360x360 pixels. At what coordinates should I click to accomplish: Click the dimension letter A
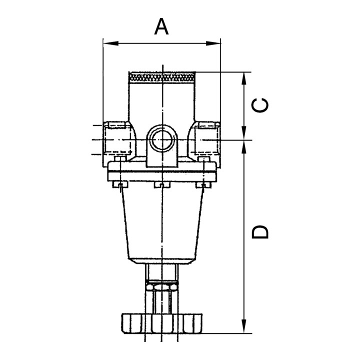161,26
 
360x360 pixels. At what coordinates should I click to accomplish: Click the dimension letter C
260,105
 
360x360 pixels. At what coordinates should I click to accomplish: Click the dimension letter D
260,232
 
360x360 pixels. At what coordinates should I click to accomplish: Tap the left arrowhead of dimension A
111,43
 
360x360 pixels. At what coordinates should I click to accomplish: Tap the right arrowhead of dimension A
213,43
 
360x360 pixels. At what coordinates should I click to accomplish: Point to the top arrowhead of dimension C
244,79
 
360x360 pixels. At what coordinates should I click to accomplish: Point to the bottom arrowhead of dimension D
244,326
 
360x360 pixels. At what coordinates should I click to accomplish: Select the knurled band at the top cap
162,77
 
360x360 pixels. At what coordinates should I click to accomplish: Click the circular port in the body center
162,139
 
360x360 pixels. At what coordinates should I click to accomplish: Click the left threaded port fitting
117,139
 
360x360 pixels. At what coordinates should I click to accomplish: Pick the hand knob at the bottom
162,323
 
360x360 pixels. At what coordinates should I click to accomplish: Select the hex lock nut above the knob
162,286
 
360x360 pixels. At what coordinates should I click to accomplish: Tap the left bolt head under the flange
120,184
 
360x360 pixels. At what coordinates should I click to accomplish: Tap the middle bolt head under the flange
162,184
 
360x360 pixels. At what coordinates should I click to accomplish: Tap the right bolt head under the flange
203,184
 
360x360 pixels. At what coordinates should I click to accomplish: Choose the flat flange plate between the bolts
162,171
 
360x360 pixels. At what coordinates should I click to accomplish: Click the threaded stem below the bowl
162,273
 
